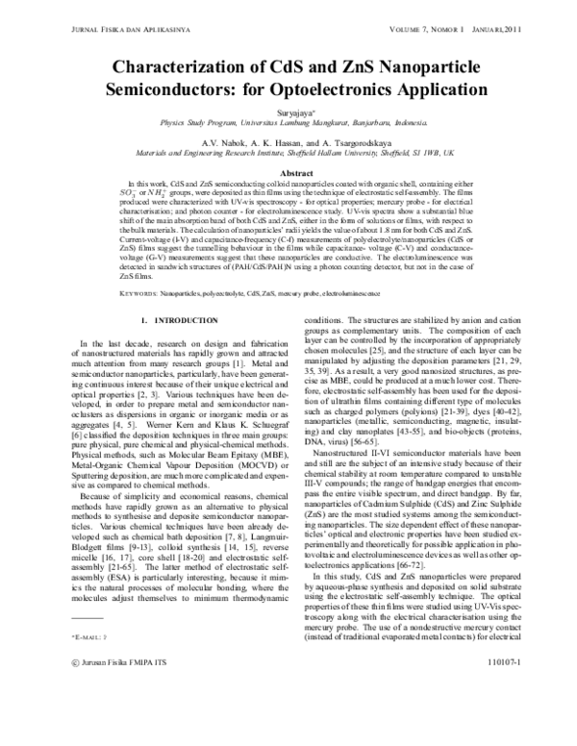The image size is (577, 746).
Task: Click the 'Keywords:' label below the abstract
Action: (138, 290)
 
